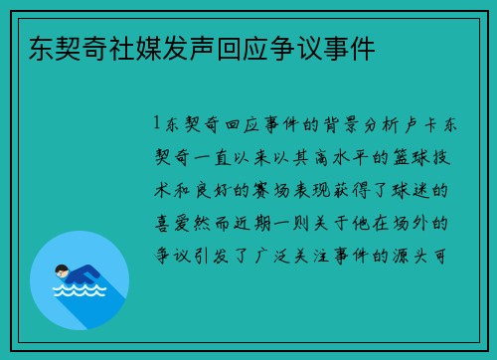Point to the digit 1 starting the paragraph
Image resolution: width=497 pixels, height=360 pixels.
click(x=157, y=125)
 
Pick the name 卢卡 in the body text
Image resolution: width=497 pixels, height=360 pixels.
click(x=412, y=125)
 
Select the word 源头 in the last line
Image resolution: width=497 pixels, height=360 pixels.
click(x=412, y=253)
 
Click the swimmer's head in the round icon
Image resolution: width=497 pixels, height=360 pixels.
click(x=62, y=270)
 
